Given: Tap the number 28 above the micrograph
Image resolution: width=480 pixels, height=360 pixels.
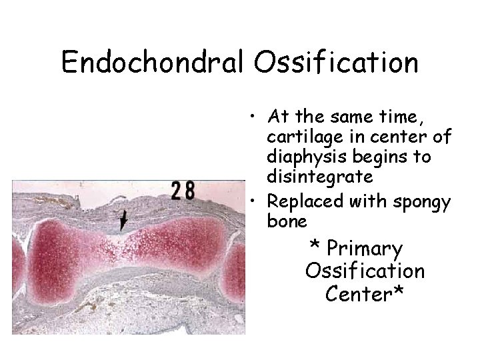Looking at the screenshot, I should click(x=182, y=191).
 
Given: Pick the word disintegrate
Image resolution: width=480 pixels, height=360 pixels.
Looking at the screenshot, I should click(x=319, y=177).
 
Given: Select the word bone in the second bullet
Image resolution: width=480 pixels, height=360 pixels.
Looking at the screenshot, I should click(x=287, y=220).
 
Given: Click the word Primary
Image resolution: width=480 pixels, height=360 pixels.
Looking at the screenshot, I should click(x=365, y=249).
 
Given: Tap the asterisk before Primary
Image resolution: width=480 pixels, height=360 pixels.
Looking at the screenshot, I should click(x=314, y=247).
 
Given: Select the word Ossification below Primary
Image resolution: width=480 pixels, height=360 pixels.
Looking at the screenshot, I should click(x=365, y=271).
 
